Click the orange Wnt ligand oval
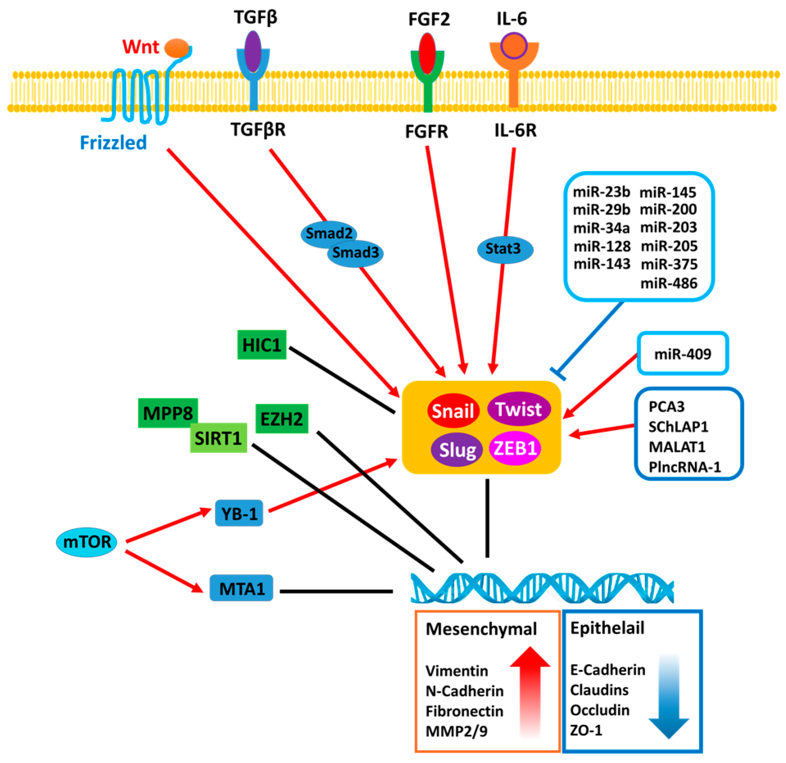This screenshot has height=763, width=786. click(x=176, y=48)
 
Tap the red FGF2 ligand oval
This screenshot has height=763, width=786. click(x=427, y=53)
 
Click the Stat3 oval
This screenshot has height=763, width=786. click(x=505, y=249)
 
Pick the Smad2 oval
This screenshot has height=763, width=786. click(x=323, y=233)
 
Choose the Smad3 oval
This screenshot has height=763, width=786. click(x=355, y=253)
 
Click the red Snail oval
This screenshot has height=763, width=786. click(x=453, y=411)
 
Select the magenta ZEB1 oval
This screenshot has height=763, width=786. click(x=515, y=448)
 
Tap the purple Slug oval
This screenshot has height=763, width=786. click(x=457, y=450)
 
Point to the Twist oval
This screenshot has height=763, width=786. click(x=519, y=409)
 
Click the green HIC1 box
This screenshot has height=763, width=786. click(x=262, y=345)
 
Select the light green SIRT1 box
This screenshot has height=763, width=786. click(x=218, y=438)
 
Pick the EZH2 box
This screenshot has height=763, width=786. click(x=282, y=418)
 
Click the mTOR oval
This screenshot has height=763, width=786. click(x=87, y=542)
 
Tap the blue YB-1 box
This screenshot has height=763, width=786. click(x=239, y=513)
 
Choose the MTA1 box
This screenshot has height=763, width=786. click(x=241, y=588)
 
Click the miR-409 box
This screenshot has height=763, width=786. click(x=682, y=353)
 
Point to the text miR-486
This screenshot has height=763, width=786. click(x=669, y=283)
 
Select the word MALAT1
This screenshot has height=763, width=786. click(x=677, y=447)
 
